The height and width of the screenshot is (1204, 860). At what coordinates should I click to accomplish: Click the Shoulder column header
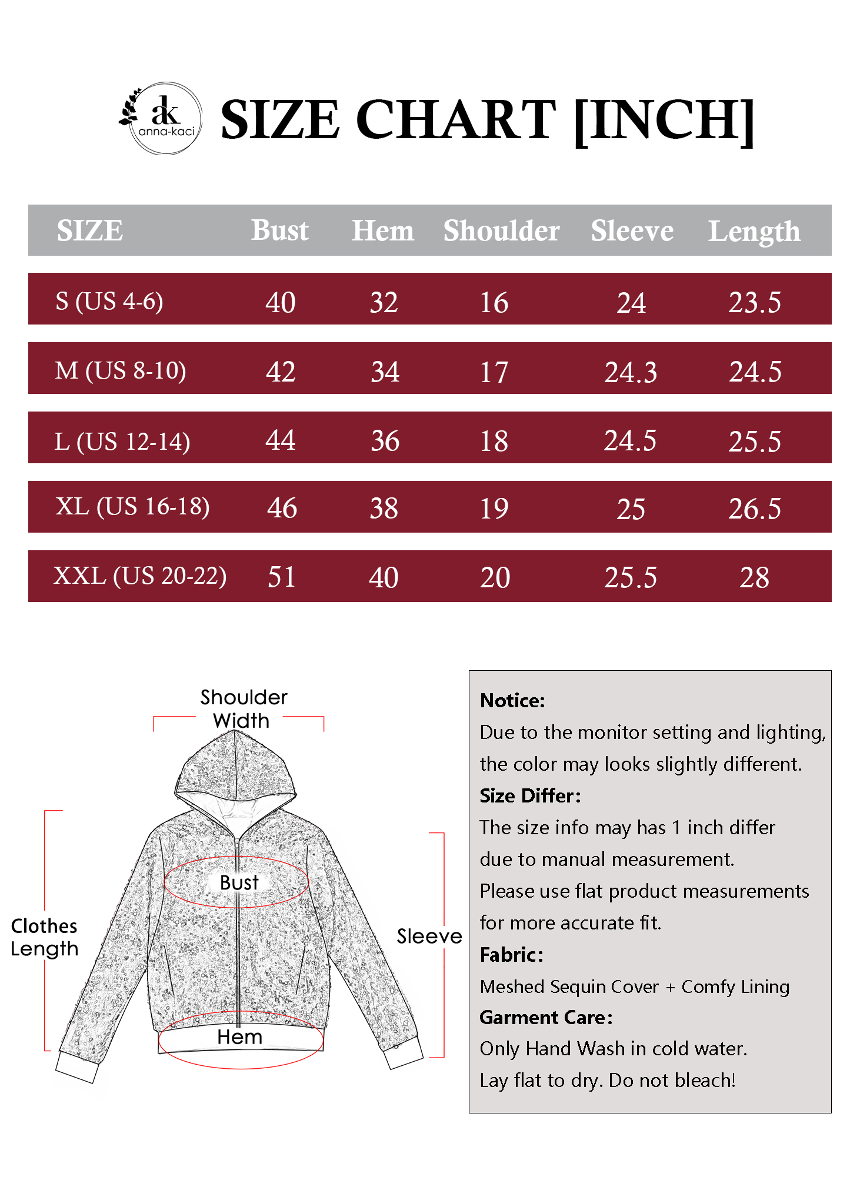(x=501, y=230)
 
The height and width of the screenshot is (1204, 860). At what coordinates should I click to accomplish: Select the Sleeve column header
(x=632, y=230)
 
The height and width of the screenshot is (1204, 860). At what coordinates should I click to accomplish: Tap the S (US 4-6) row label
(x=109, y=301)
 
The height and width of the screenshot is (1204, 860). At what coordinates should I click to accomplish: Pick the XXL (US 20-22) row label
(x=140, y=576)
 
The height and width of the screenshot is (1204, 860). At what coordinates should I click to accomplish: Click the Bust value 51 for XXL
(x=281, y=577)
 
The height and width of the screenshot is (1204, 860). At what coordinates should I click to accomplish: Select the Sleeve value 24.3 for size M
(x=631, y=372)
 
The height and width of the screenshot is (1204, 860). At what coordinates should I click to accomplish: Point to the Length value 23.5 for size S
(x=755, y=302)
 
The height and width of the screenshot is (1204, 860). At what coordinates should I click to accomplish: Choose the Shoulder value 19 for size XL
(x=494, y=509)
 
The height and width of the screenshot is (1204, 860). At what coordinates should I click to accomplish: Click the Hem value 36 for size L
(x=385, y=441)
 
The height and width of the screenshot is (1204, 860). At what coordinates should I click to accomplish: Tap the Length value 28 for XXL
(x=754, y=577)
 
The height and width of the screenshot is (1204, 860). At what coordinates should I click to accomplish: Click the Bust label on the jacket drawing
(x=239, y=882)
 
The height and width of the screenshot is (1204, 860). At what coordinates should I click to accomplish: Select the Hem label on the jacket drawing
(x=239, y=1037)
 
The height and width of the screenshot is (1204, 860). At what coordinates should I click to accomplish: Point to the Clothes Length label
(x=44, y=937)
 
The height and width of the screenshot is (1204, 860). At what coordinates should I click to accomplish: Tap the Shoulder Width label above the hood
(x=243, y=708)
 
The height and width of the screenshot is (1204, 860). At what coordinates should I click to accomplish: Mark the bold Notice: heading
(x=512, y=700)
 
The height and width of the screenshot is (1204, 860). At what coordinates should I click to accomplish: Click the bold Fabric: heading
(x=511, y=955)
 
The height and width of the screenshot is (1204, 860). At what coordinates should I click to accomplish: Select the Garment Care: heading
(x=546, y=1018)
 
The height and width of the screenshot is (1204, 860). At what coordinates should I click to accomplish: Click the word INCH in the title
(x=663, y=120)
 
